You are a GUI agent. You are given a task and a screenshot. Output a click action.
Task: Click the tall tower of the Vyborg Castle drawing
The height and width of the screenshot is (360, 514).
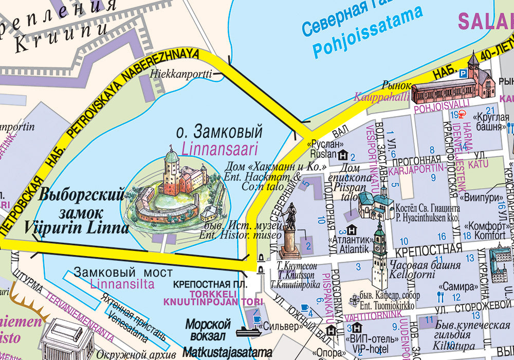coord(172,170)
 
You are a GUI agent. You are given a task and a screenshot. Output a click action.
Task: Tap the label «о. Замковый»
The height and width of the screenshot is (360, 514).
coord(219,132)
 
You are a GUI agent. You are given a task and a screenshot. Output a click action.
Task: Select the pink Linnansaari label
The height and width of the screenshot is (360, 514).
coord(219,149)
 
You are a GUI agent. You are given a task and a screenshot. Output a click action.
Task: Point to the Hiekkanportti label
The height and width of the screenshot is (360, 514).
coord(181,74)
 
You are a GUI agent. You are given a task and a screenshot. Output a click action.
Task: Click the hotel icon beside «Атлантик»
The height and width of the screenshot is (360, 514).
coord(352,229)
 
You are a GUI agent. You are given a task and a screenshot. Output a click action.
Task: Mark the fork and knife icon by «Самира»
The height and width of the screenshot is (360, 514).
coord(440,296)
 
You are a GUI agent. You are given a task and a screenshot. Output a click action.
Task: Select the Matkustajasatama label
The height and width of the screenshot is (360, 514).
coord(228,353)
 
